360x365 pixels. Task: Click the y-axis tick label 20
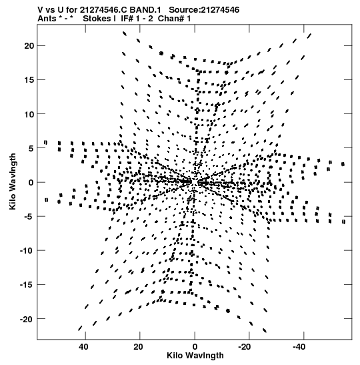[29, 46]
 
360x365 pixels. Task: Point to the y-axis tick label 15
[29, 80]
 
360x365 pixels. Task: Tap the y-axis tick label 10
[29, 114]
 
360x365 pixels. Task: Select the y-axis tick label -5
[29, 216]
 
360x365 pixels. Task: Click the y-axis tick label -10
[27, 250]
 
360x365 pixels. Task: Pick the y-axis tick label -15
[27, 285]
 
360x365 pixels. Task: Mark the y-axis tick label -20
[27, 319]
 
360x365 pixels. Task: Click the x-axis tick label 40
[83, 346]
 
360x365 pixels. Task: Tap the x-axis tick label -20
[245, 346]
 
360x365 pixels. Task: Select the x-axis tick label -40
[299, 346]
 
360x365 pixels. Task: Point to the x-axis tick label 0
[195, 346]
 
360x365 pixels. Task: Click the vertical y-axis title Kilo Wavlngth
[13, 181]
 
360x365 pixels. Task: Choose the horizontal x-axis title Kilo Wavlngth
[195, 356]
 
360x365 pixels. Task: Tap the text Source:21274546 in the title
[204, 10]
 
